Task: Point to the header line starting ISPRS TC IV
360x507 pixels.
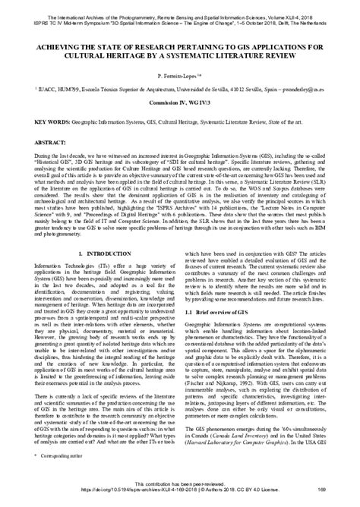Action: point(180,17)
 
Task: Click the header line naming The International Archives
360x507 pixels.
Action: point(180,10)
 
